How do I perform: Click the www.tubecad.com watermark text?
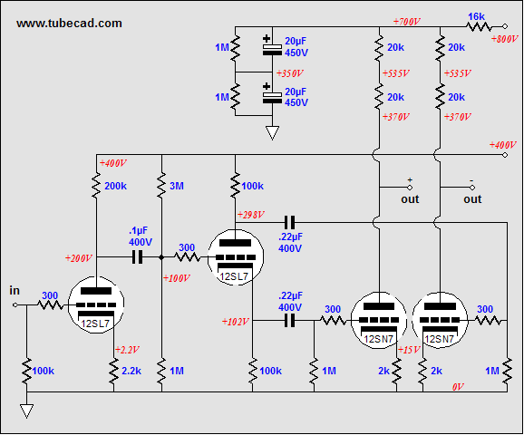(x=69, y=23)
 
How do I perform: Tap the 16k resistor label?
(x=476, y=16)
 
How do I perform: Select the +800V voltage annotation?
(x=504, y=39)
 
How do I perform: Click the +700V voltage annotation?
(x=406, y=22)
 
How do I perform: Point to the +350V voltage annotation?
(x=290, y=73)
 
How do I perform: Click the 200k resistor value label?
(x=116, y=186)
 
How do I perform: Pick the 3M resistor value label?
(x=177, y=186)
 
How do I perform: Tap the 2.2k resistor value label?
(x=131, y=371)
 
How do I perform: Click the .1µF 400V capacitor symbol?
(x=138, y=257)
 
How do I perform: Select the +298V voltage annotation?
(x=251, y=215)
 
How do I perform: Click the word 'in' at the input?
(x=15, y=291)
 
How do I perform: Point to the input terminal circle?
(x=15, y=305)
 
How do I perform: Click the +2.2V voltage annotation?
(x=127, y=350)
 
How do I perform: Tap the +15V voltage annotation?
(x=409, y=350)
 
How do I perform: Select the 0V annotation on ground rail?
(x=458, y=387)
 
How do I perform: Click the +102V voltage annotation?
(x=236, y=322)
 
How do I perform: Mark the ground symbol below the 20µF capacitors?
(x=272, y=133)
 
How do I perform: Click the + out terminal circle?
(x=410, y=188)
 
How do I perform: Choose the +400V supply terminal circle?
(x=505, y=155)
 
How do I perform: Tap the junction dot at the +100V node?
(x=161, y=257)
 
